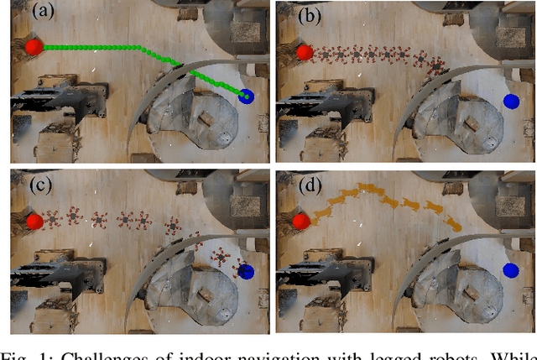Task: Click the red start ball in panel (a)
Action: pyautogui.click(x=33, y=48)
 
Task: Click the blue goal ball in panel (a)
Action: pyautogui.click(x=248, y=97)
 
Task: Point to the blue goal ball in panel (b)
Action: pyautogui.click(x=510, y=102)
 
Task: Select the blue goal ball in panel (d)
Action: pyautogui.click(x=510, y=270)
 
